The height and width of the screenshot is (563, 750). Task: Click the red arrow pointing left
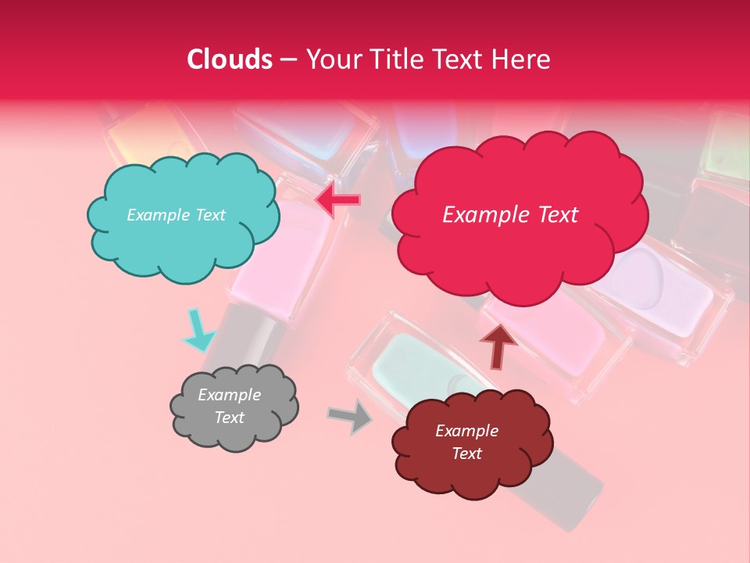pos(337,201)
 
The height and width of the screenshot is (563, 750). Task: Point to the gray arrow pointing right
pos(350,416)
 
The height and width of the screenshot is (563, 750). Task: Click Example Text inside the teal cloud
pos(176,215)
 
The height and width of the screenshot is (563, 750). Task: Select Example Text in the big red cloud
pos(510,215)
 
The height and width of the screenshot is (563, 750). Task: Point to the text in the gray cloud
pos(229,406)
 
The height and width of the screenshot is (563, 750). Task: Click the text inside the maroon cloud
pos(466,442)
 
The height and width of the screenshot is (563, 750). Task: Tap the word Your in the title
pos(330,59)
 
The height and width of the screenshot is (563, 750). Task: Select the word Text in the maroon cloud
pos(466,454)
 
